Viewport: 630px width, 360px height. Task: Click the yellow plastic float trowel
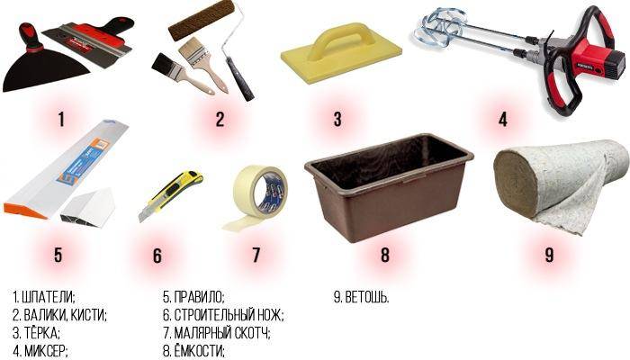(341, 54)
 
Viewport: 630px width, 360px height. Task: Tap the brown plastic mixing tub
(389, 187)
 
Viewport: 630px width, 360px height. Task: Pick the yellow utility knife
(170, 195)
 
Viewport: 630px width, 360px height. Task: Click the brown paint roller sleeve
(201, 20)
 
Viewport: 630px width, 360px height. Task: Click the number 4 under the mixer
(502, 120)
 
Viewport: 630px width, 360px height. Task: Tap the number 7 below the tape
(256, 255)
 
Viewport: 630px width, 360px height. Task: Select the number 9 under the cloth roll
(549, 255)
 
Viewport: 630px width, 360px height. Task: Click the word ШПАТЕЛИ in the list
(49, 297)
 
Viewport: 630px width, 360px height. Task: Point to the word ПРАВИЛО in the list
(199, 297)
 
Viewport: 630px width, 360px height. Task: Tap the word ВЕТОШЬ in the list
(366, 297)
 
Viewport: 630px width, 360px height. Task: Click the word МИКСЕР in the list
(45, 350)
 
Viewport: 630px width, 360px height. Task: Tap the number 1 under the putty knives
(61, 120)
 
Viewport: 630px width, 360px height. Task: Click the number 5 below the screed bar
(58, 255)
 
